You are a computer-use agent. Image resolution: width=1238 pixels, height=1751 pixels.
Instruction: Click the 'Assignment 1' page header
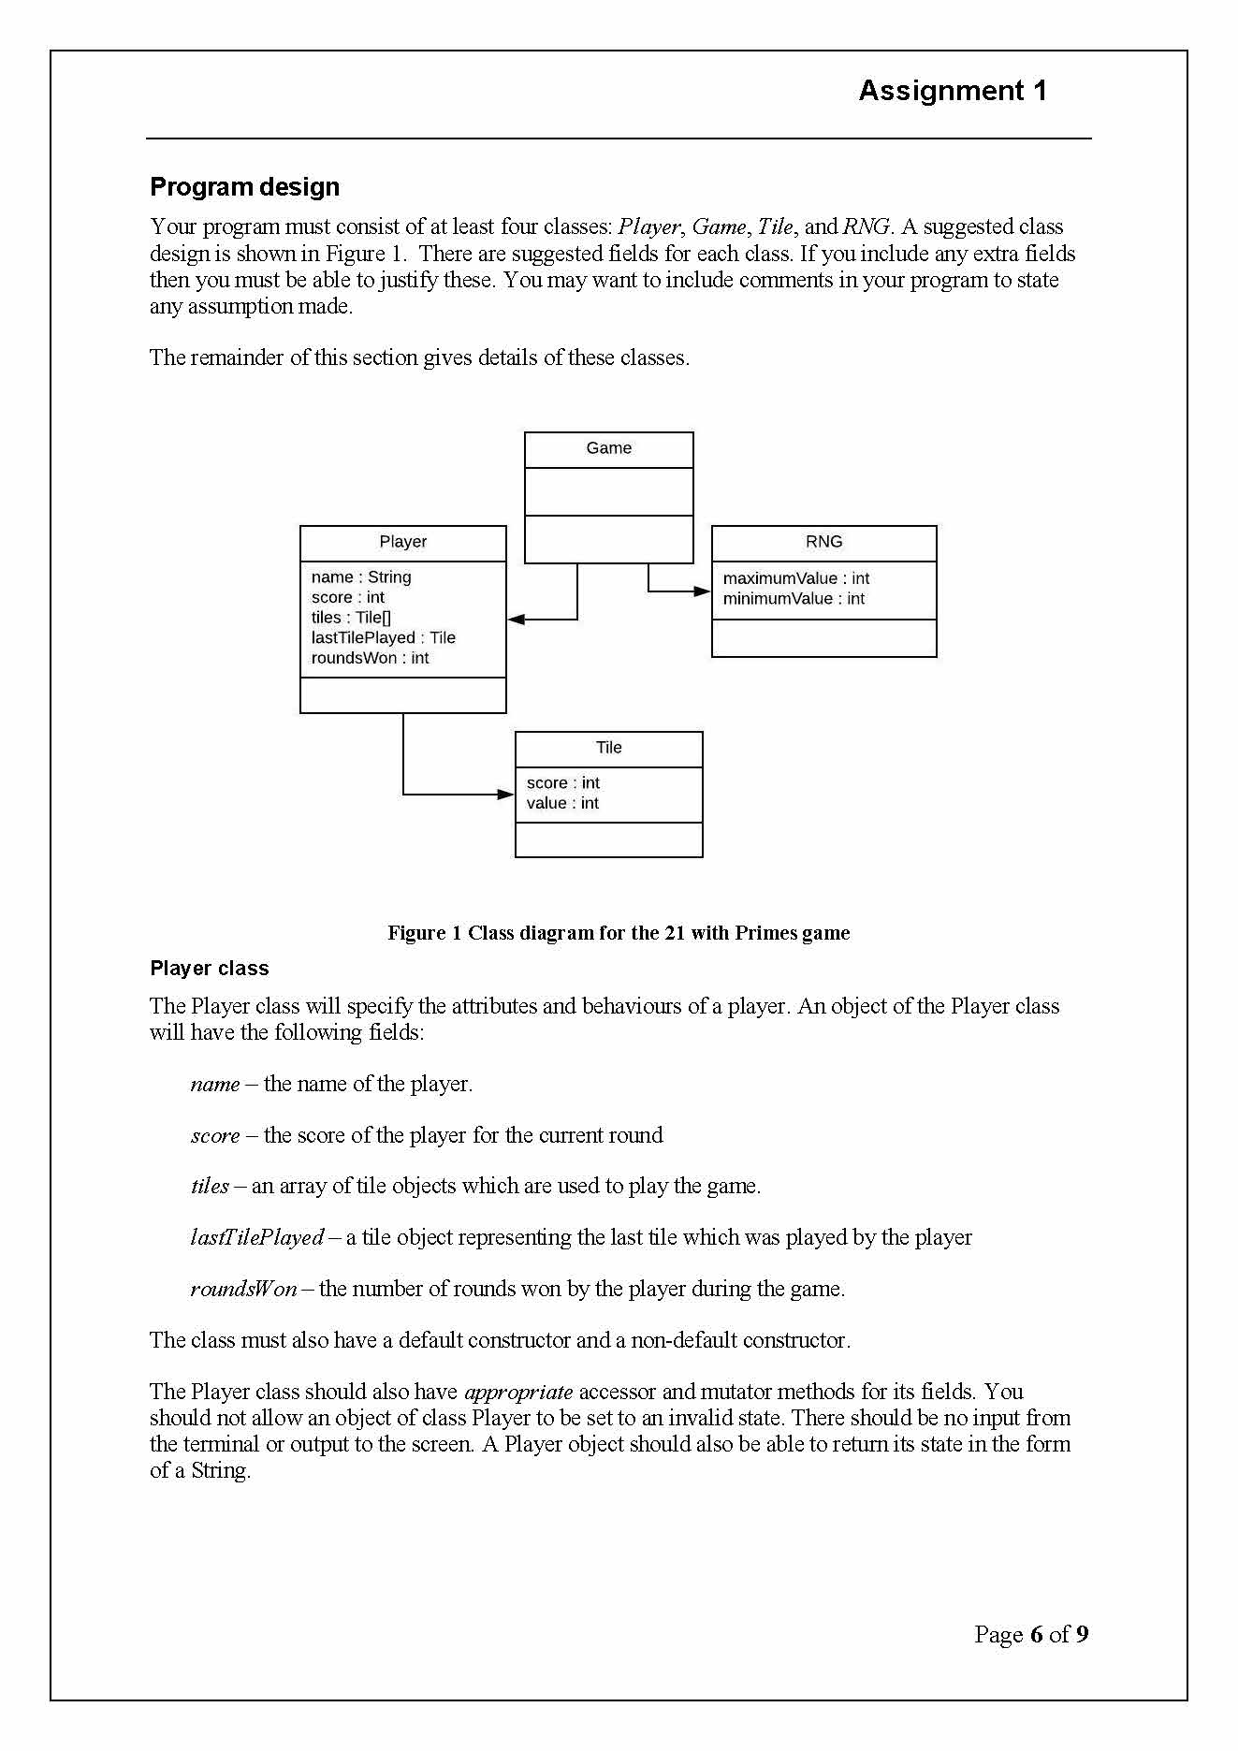[952, 91]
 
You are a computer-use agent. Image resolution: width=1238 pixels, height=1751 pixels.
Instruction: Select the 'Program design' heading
[244, 187]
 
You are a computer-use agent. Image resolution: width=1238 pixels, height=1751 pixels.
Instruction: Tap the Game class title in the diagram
[608, 448]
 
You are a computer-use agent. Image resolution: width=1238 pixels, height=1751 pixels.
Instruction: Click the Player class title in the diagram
[402, 542]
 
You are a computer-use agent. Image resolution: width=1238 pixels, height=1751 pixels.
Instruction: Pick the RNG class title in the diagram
[823, 542]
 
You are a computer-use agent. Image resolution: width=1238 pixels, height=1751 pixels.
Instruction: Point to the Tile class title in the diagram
[608, 748]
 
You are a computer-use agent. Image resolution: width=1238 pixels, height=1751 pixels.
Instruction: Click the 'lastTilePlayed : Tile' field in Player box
[383, 637]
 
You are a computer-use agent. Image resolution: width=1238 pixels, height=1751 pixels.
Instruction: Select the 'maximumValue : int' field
[795, 578]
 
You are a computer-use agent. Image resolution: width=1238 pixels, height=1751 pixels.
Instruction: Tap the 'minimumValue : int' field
[794, 599]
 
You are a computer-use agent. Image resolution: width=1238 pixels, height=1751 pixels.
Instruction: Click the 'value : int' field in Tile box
[562, 803]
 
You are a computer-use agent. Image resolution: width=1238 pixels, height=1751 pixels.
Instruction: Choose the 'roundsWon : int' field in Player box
[370, 658]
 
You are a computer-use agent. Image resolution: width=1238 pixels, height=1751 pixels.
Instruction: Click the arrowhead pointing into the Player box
[516, 620]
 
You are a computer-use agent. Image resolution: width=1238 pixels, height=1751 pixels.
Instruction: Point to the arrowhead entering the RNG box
[703, 591]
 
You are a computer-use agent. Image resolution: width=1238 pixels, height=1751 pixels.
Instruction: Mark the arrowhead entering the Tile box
[506, 795]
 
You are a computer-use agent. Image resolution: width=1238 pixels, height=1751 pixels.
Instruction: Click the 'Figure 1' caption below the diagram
[619, 933]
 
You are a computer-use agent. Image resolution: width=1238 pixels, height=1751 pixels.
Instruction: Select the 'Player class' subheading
[209, 969]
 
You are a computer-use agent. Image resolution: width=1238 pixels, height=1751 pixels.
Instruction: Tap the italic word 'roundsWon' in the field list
[243, 1289]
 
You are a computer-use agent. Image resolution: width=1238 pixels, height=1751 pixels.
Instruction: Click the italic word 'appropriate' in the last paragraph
[518, 1392]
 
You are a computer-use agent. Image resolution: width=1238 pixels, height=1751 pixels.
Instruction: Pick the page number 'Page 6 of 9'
[1030, 1635]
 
